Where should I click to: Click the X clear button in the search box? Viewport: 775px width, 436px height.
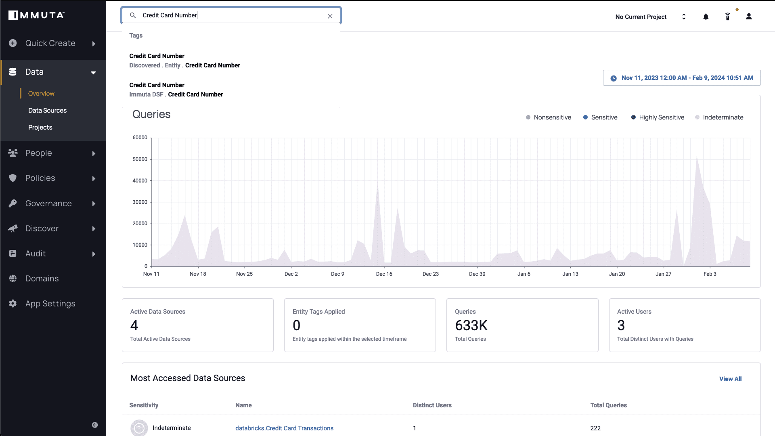(330, 16)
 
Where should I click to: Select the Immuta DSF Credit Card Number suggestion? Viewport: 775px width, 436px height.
(176, 90)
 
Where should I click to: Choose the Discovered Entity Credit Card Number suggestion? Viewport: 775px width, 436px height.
(184, 61)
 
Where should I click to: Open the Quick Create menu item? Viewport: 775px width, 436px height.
(50, 43)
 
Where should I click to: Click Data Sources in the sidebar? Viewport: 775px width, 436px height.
(47, 110)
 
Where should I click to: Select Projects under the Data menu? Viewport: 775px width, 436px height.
(40, 127)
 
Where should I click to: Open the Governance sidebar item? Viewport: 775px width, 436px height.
(48, 203)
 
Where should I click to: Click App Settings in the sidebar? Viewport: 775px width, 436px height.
(50, 304)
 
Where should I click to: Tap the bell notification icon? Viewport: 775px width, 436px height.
(706, 17)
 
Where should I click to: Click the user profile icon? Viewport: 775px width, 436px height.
(749, 17)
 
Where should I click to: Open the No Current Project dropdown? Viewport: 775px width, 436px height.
(650, 17)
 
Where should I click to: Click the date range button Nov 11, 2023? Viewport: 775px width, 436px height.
(682, 78)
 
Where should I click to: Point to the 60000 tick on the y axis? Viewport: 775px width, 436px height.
(140, 138)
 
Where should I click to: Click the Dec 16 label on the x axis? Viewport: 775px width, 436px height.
(384, 274)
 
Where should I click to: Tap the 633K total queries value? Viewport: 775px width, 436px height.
(471, 325)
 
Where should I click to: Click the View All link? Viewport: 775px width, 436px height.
(730, 379)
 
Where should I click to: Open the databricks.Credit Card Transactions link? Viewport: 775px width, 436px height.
(284, 428)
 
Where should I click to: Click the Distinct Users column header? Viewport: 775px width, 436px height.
(432, 405)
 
